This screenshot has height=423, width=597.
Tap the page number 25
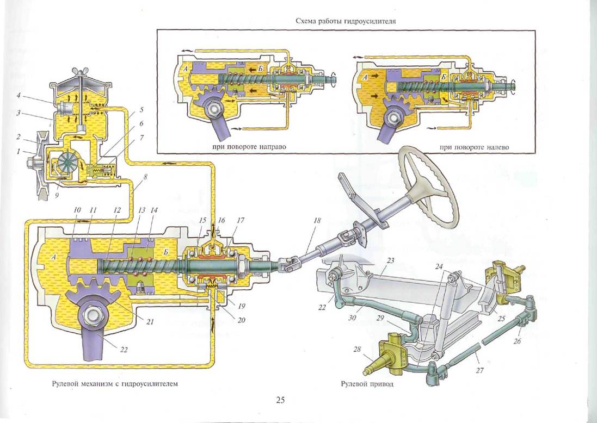click(280, 401)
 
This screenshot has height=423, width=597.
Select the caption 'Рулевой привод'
click(364, 384)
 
